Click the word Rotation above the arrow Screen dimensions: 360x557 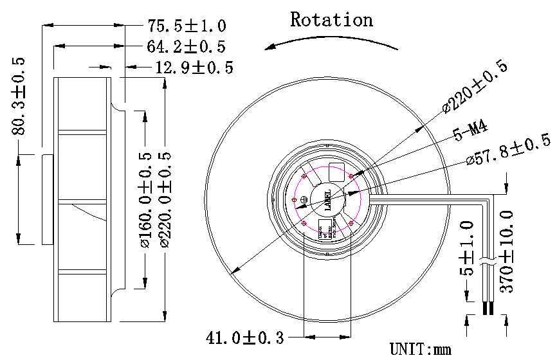click(x=331, y=20)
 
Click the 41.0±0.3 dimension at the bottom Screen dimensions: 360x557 click(x=244, y=337)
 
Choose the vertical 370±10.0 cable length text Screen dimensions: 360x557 click(x=507, y=251)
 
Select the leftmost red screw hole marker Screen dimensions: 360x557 click(x=295, y=199)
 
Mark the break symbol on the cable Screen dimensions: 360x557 click(x=487, y=264)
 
